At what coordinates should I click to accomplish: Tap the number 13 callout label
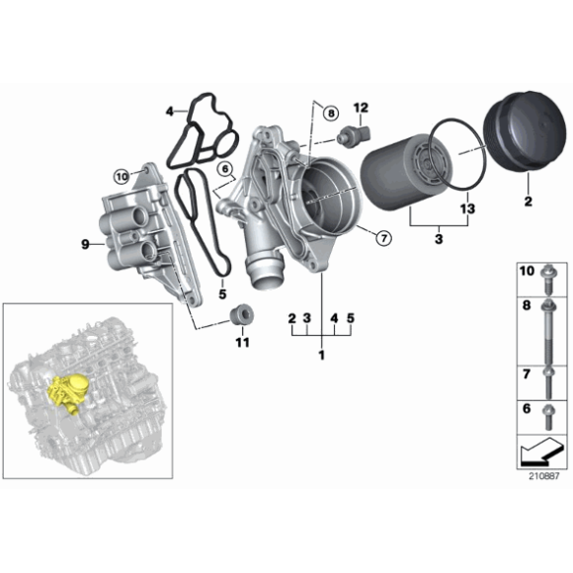pyautogui.click(x=467, y=208)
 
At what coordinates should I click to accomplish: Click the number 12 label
pyautogui.click(x=361, y=107)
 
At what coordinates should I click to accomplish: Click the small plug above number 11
pyautogui.click(x=238, y=315)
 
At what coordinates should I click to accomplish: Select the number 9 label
pyautogui.click(x=85, y=243)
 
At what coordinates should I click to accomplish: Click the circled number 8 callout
pyautogui.click(x=330, y=115)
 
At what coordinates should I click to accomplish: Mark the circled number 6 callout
pyautogui.click(x=224, y=169)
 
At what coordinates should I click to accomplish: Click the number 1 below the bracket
pyautogui.click(x=320, y=354)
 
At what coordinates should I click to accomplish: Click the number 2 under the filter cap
pyautogui.click(x=527, y=203)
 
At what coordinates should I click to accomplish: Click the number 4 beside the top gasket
pyautogui.click(x=169, y=110)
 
